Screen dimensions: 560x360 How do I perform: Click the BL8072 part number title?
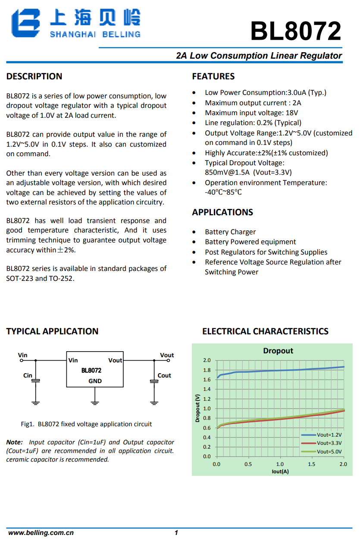[x=296, y=31]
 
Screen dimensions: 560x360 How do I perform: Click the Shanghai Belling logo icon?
[x=26, y=23]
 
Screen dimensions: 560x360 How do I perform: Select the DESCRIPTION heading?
[x=34, y=76]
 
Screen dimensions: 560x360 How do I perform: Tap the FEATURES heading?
[x=213, y=76]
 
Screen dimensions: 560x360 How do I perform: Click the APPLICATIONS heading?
[x=222, y=212]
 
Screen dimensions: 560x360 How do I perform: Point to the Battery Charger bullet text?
[x=230, y=232]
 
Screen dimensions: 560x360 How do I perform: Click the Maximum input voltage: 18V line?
[x=251, y=113]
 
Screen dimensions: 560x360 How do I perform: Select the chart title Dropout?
[x=278, y=351]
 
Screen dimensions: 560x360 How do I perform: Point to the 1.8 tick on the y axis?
[x=207, y=370]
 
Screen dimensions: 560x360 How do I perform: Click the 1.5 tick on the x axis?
[x=311, y=464]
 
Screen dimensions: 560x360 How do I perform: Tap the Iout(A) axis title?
[x=280, y=472]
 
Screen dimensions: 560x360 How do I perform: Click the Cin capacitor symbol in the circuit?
[x=36, y=381]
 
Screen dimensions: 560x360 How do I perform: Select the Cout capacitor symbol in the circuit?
[x=154, y=381]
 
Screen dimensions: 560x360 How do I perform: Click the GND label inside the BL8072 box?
[x=95, y=381]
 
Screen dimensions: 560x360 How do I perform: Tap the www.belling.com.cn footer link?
[x=41, y=533]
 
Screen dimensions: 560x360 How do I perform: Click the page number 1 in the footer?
[x=176, y=533]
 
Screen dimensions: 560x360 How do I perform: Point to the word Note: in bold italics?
[x=14, y=442]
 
